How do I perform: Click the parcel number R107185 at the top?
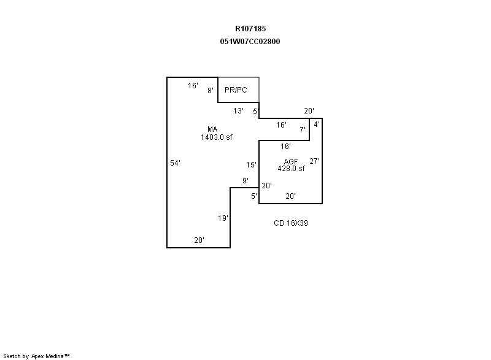(x=250, y=29)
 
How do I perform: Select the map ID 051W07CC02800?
(x=250, y=42)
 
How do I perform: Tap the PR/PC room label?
(x=236, y=90)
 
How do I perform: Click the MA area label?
(x=212, y=129)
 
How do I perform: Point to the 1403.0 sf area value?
(x=217, y=137)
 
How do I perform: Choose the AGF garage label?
(x=290, y=161)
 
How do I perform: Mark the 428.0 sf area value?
(x=291, y=169)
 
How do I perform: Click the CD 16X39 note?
(x=290, y=223)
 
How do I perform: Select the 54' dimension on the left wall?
(x=175, y=163)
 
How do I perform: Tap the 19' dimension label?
(x=223, y=218)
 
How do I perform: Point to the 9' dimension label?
(x=245, y=180)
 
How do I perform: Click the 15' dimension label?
(x=251, y=165)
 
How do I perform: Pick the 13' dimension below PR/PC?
(x=238, y=111)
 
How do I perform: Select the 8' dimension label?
(x=211, y=90)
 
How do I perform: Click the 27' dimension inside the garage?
(x=314, y=161)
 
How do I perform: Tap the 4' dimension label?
(x=317, y=124)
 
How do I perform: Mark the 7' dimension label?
(x=303, y=130)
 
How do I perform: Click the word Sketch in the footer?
(x=12, y=356)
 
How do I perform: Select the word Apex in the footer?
(x=37, y=356)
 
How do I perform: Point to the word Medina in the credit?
(x=55, y=356)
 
